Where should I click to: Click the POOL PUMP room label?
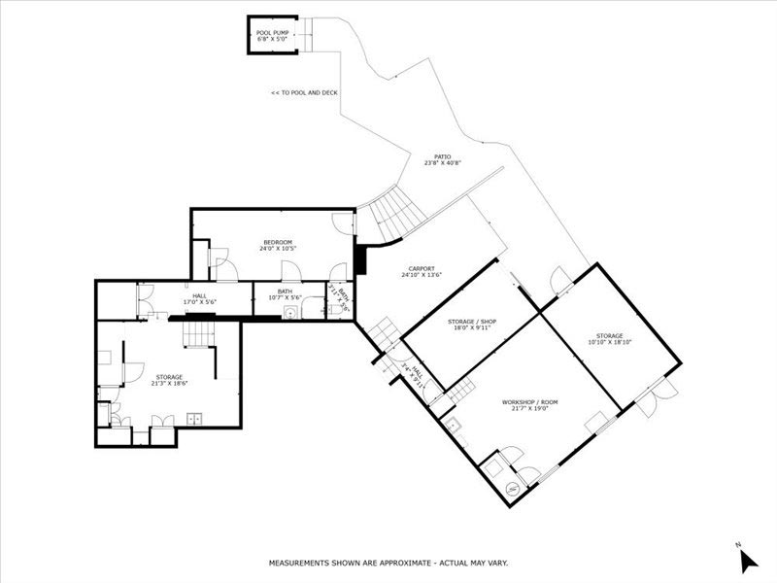(x=272, y=32)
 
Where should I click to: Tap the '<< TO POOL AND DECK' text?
(x=305, y=93)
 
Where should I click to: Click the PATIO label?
(x=442, y=155)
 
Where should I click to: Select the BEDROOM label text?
(x=278, y=242)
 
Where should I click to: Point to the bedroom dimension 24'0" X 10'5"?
(x=278, y=249)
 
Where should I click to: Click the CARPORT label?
(x=422, y=268)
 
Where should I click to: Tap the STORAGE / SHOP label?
(x=473, y=321)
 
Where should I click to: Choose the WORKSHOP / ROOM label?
(x=529, y=401)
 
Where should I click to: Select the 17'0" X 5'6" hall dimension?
(x=199, y=302)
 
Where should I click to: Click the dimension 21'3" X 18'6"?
(x=169, y=383)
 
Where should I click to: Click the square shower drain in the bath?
(x=289, y=313)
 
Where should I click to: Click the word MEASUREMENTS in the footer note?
(x=302, y=563)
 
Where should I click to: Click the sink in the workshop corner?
(x=452, y=425)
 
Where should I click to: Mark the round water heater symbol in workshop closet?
(x=495, y=468)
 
